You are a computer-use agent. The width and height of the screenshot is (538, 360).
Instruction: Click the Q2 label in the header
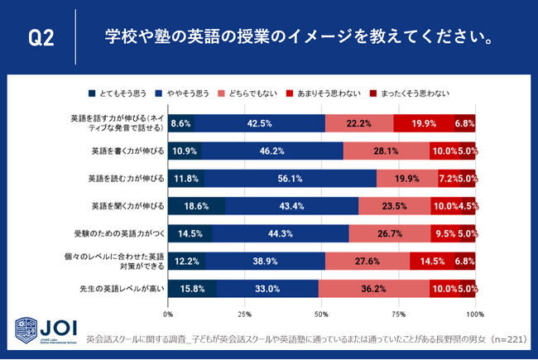[41, 38]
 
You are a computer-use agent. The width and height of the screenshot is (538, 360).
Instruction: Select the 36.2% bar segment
[373, 289]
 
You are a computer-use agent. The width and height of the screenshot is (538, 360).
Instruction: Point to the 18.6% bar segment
[197, 205]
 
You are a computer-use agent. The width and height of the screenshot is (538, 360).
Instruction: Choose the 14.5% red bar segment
[431, 261]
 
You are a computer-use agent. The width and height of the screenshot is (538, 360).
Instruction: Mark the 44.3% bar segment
[281, 233]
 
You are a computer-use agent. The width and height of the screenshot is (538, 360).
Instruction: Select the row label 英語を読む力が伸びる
[126, 178]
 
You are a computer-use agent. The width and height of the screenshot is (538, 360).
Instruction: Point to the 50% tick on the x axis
[322, 315]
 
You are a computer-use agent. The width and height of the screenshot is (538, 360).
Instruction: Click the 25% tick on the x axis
[245, 315]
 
